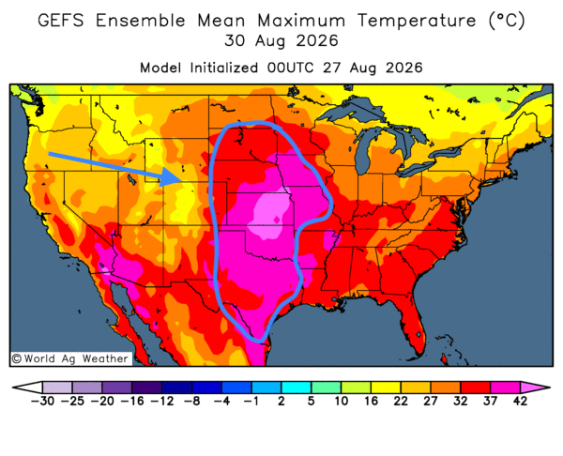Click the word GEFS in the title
click(x=61, y=21)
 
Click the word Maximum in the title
click(x=301, y=21)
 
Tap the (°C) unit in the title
click(x=507, y=21)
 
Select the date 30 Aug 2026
click(x=281, y=40)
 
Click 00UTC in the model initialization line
click(x=290, y=68)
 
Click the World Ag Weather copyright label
click(x=70, y=358)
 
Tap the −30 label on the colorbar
click(x=42, y=401)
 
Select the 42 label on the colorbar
click(x=520, y=401)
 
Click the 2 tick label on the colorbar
click(x=281, y=401)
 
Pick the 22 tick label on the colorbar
click(x=401, y=401)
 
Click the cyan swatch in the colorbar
click(x=296, y=388)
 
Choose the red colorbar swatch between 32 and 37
click(x=476, y=388)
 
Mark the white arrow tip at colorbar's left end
click(x=13, y=388)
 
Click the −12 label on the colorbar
click(x=162, y=401)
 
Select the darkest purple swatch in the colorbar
click(x=146, y=388)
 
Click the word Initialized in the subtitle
click(x=224, y=68)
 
